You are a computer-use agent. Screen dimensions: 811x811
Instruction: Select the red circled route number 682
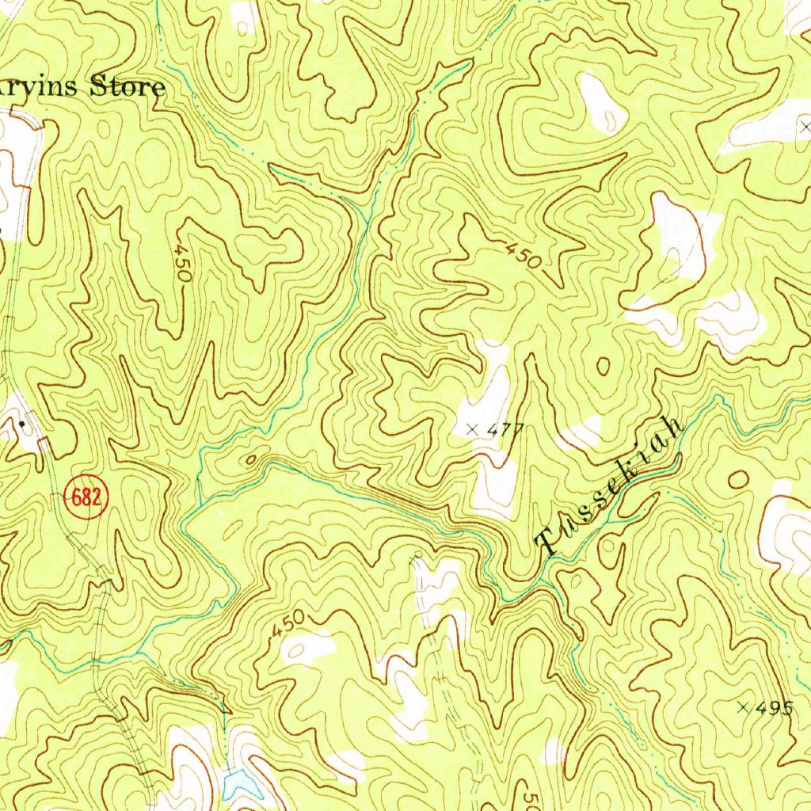[86, 497]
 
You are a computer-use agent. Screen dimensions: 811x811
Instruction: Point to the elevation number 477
[506, 430]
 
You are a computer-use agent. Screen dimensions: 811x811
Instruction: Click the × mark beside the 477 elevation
[473, 429]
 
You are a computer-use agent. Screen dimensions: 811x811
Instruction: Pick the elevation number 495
[774, 708]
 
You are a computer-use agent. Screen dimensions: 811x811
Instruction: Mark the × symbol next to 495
[743, 707]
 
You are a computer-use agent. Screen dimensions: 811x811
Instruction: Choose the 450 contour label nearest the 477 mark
[524, 254]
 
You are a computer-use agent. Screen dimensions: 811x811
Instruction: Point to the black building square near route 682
[22, 424]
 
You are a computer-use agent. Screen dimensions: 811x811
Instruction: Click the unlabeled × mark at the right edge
[805, 126]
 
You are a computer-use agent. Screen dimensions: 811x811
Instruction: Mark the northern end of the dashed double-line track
[416, 558]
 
